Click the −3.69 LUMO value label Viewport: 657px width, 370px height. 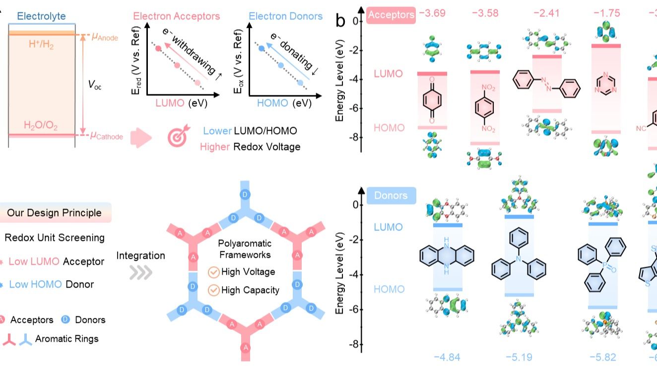432,13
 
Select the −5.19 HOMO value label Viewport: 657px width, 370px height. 519,357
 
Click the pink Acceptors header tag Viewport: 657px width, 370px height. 391,15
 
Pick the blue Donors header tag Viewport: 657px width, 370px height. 391,195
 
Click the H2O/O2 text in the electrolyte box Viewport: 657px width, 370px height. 42,126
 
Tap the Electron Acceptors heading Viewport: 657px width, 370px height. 177,16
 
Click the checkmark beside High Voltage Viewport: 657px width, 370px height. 214,272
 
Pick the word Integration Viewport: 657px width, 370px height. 141,256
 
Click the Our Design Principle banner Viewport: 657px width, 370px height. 54,213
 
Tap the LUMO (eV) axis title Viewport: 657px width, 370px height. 181,103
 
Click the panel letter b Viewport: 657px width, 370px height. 341,21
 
